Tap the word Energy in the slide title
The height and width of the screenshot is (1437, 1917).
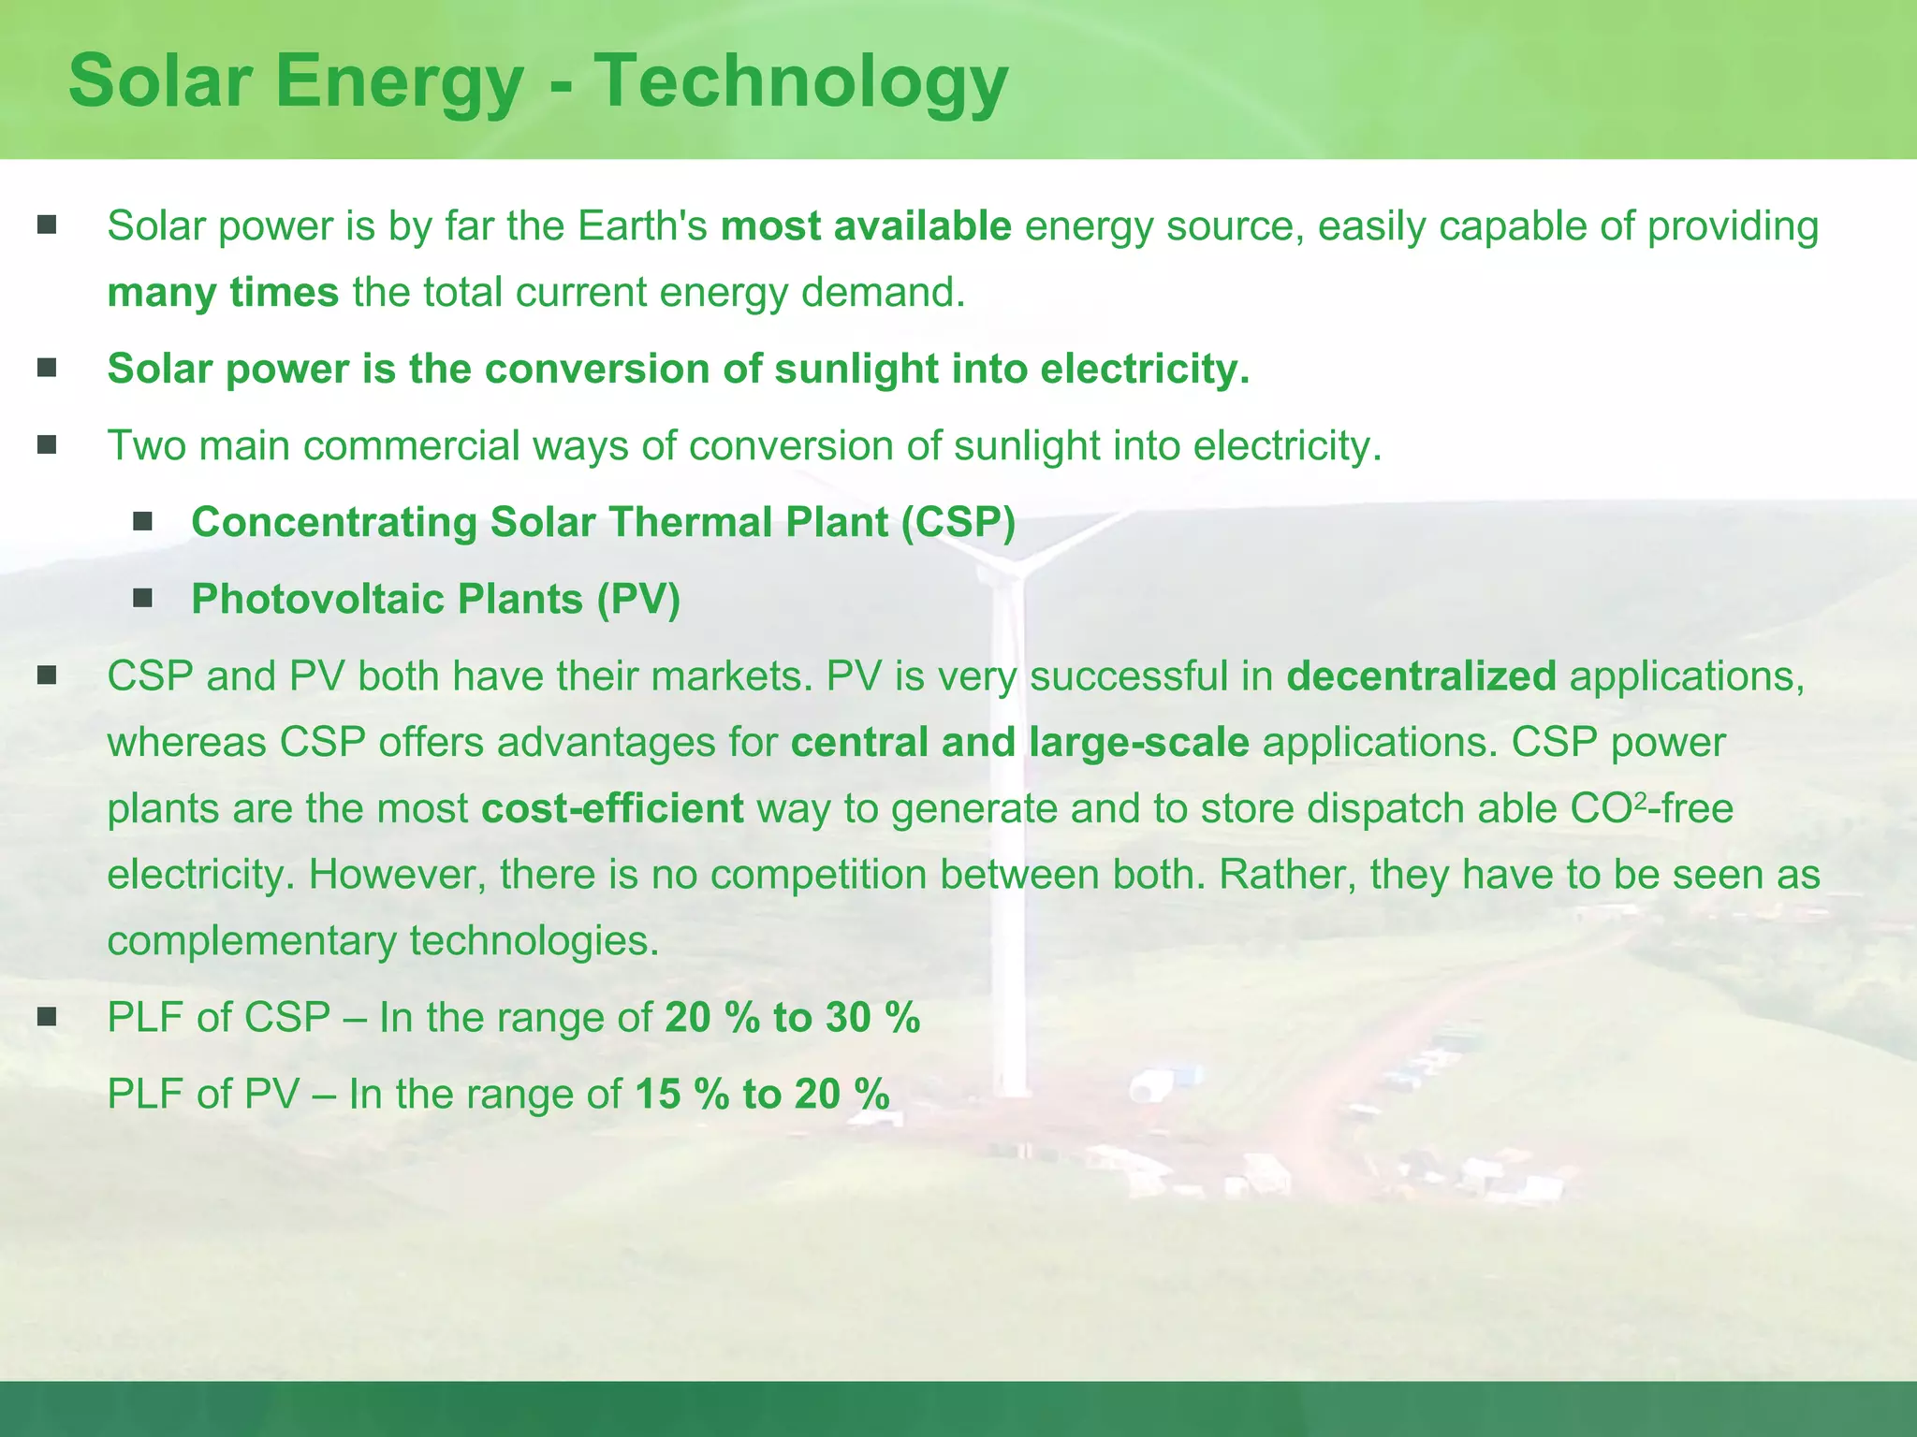pos(399,82)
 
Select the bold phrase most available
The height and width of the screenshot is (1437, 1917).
pos(866,226)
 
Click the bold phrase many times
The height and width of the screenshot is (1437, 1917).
pos(223,293)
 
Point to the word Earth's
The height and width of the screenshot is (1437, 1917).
pos(642,226)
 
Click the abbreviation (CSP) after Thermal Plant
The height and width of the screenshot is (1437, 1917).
pos(958,522)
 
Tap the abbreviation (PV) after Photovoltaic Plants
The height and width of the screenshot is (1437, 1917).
pos(638,599)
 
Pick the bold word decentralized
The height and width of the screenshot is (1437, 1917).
pos(1421,675)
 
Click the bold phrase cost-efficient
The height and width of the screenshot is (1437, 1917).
pos(612,808)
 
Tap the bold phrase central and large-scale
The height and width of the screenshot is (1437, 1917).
pos(1019,742)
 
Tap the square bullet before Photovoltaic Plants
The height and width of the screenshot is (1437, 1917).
pos(142,598)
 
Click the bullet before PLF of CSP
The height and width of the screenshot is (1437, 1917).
pos(47,1017)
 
